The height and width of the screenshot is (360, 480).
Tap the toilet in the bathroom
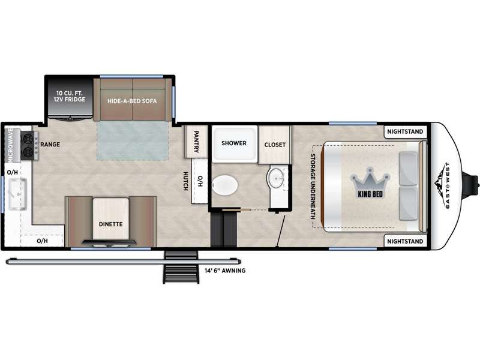(x=225, y=185)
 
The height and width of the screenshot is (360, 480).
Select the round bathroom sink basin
(x=277, y=177)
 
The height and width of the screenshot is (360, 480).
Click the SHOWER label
(x=234, y=143)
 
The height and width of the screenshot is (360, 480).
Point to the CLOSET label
(x=275, y=145)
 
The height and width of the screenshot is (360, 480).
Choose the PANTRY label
(x=196, y=142)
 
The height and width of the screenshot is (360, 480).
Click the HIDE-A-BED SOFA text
(x=132, y=101)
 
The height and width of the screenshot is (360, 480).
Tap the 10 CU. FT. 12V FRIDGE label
(x=70, y=96)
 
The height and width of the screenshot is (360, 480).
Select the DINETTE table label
(x=110, y=224)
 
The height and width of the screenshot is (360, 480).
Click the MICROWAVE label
(x=11, y=145)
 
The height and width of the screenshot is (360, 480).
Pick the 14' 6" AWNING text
(x=225, y=271)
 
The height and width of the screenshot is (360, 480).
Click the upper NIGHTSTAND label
(x=405, y=131)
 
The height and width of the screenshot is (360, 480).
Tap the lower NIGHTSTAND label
(x=405, y=241)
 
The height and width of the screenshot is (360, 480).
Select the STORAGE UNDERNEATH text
(x=313, y=187)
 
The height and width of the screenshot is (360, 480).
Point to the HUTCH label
(x=185, y=181)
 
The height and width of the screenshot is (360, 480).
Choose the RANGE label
(x=50, y=144)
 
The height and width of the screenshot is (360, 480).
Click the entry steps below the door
(x=181, y=267)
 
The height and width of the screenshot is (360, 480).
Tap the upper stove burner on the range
(x=28, y=139)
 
